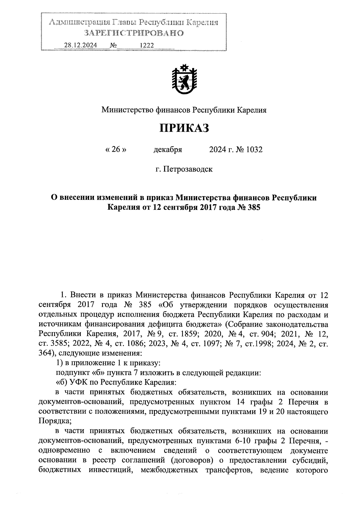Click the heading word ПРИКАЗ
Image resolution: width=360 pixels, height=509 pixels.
click(184, 128)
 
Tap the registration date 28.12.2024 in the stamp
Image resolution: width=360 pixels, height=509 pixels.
click(80, 45)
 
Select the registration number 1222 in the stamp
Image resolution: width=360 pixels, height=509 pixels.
click(147, 45)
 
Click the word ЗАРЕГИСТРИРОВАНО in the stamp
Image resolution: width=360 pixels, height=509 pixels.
click(133, 33)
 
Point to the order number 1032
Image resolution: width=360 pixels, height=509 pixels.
click(254, 149)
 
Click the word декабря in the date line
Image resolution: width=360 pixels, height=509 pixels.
click(168, 149)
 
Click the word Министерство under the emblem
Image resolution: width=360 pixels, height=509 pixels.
click(127, 110)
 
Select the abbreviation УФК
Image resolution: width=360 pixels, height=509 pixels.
click(77, 383)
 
